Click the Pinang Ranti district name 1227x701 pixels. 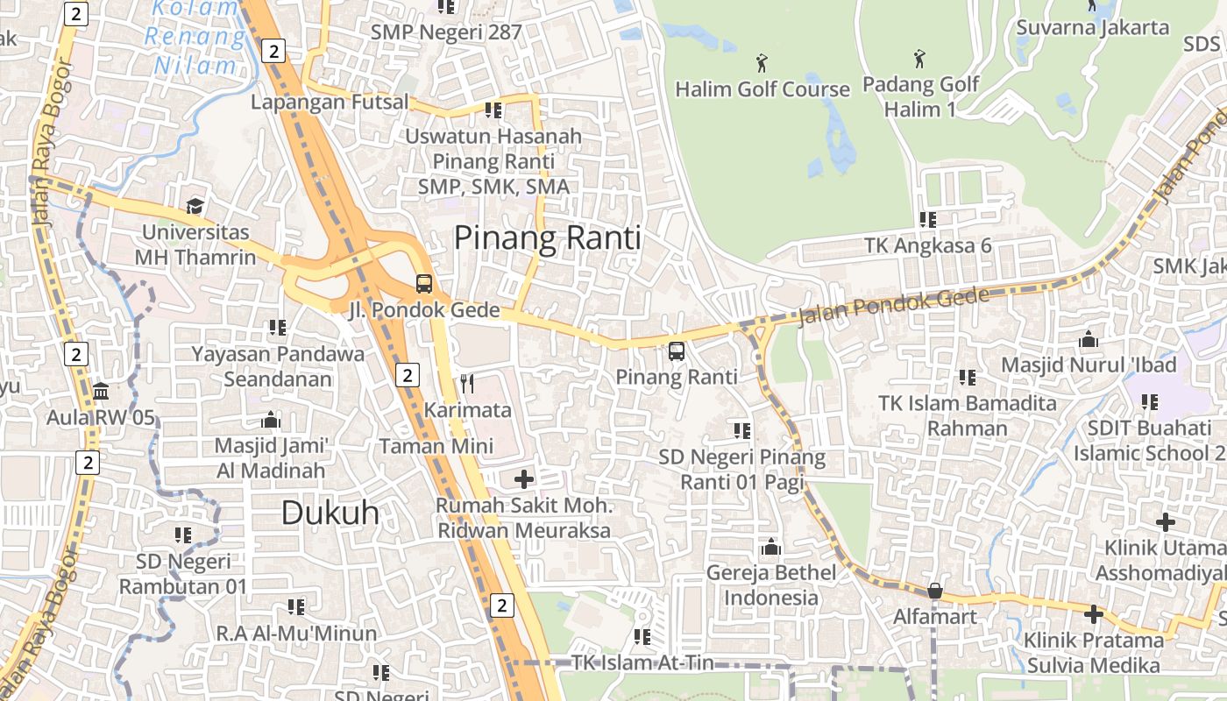pos(548,237)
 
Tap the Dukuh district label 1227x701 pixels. pos(330,513)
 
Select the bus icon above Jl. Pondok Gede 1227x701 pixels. pos(424,284)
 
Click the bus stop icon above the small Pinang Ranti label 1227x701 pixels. pos(677,351)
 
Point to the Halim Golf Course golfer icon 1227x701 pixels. pos(762,63)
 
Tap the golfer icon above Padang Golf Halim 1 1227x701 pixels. pos(919,59)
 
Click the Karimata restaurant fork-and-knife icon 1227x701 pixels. pos(467,384)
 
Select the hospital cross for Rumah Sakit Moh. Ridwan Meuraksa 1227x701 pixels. pos(524,479)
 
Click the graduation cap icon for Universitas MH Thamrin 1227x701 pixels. pos(195,206)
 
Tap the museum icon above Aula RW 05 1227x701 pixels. pos(100,391)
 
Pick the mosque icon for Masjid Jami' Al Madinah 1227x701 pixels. pos(271,421)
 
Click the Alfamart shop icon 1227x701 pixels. pos(935,591)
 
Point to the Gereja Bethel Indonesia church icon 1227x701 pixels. pos(771,547)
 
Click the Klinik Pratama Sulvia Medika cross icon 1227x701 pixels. pos(1093,614)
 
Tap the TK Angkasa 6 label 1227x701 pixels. pos(928,245)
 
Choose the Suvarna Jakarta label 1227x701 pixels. pos(1092,27)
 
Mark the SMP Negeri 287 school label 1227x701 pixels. pos(446,32)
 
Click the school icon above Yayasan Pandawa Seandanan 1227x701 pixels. pos(278,328)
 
